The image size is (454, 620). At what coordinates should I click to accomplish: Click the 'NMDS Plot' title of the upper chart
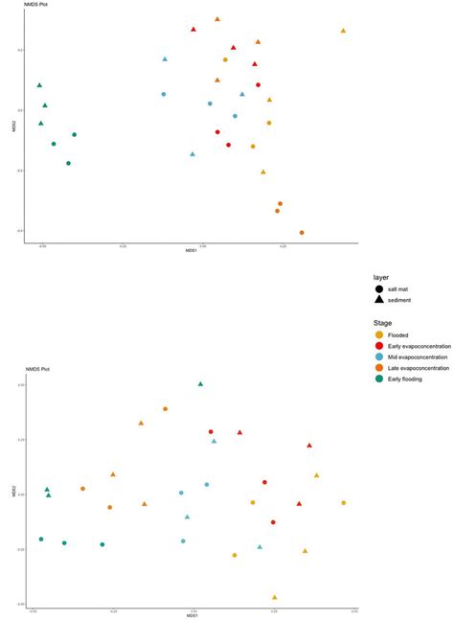coord(35,7)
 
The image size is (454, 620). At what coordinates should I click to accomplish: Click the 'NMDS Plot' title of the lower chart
coord(35,368)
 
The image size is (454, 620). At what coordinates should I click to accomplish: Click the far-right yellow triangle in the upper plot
coord(343,31)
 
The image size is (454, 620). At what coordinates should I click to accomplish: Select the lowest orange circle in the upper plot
coord(302,232)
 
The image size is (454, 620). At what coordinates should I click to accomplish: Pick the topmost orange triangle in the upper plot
coord(217,19)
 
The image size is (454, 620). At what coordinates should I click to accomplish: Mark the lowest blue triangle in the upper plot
coord(193,153)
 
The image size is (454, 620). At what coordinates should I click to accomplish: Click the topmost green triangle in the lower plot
coord(200,383)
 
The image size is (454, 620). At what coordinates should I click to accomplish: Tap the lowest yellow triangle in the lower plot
coord(274,597)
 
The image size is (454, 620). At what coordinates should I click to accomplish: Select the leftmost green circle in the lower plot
coord(41,539)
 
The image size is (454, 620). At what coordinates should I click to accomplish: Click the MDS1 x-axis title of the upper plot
coord(192,250)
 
